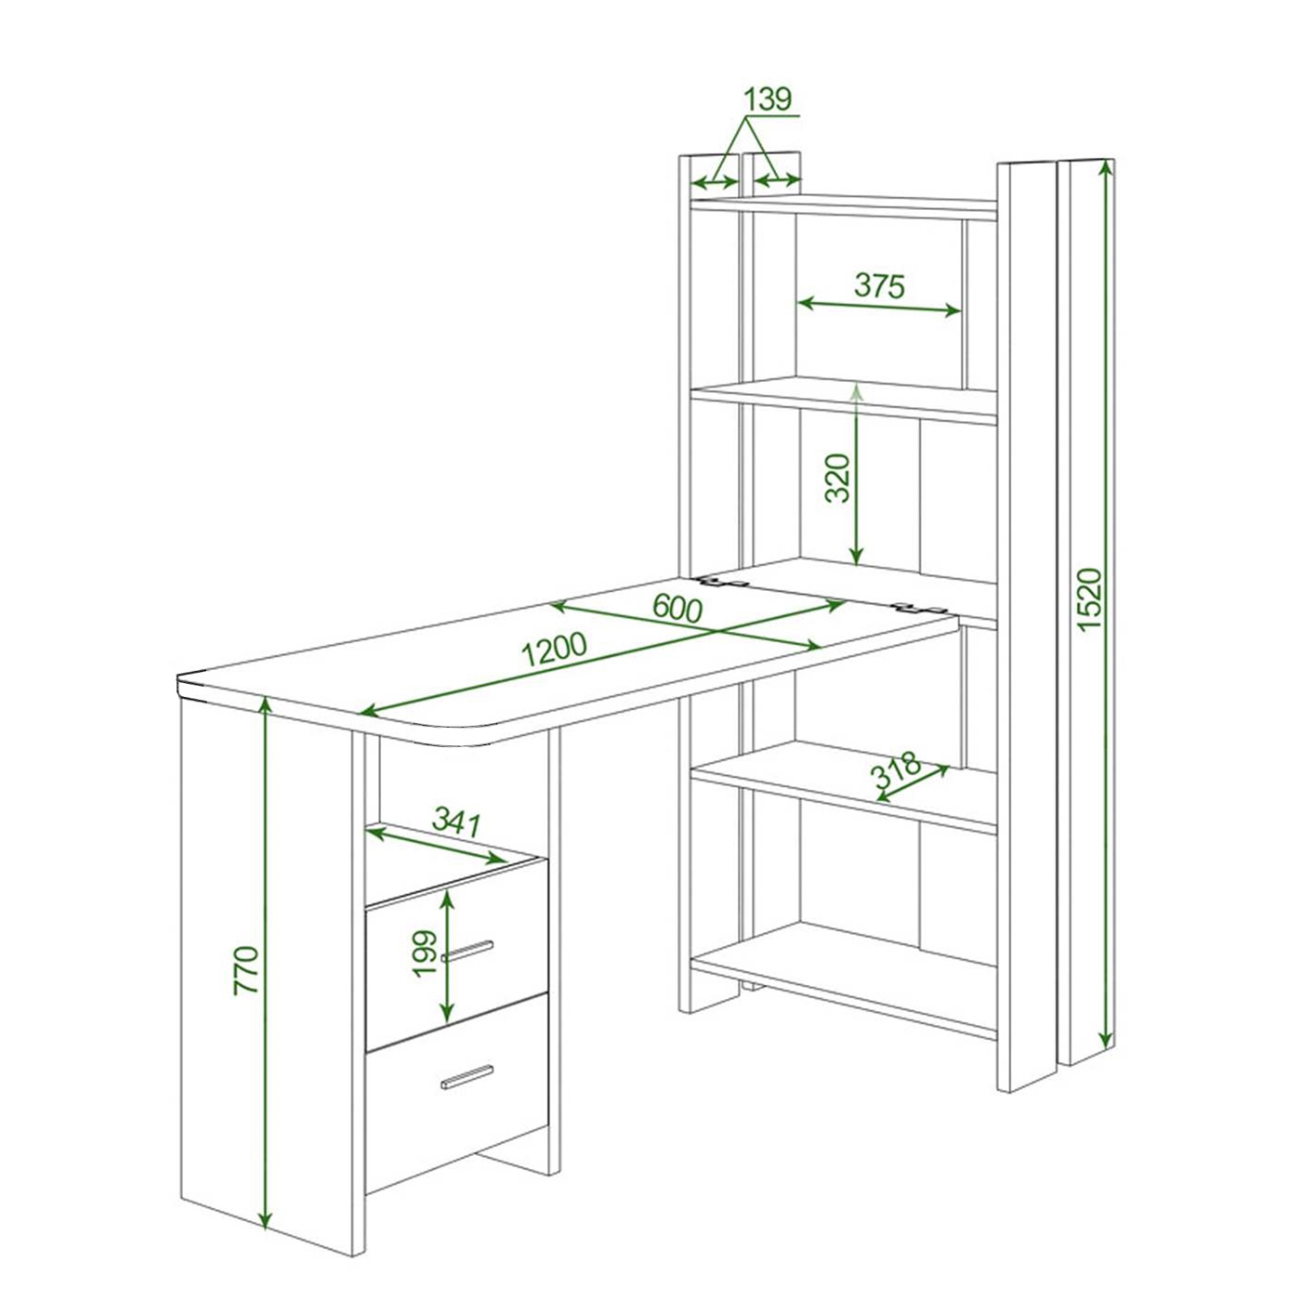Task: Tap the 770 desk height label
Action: [245, 970]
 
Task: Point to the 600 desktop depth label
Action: [677, 610]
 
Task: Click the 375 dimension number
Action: [879, 285]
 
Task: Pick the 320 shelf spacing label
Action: [837, 478]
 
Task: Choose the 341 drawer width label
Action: [455, 821]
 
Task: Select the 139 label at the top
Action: [768, 99]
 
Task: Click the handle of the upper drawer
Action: [467, 950]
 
